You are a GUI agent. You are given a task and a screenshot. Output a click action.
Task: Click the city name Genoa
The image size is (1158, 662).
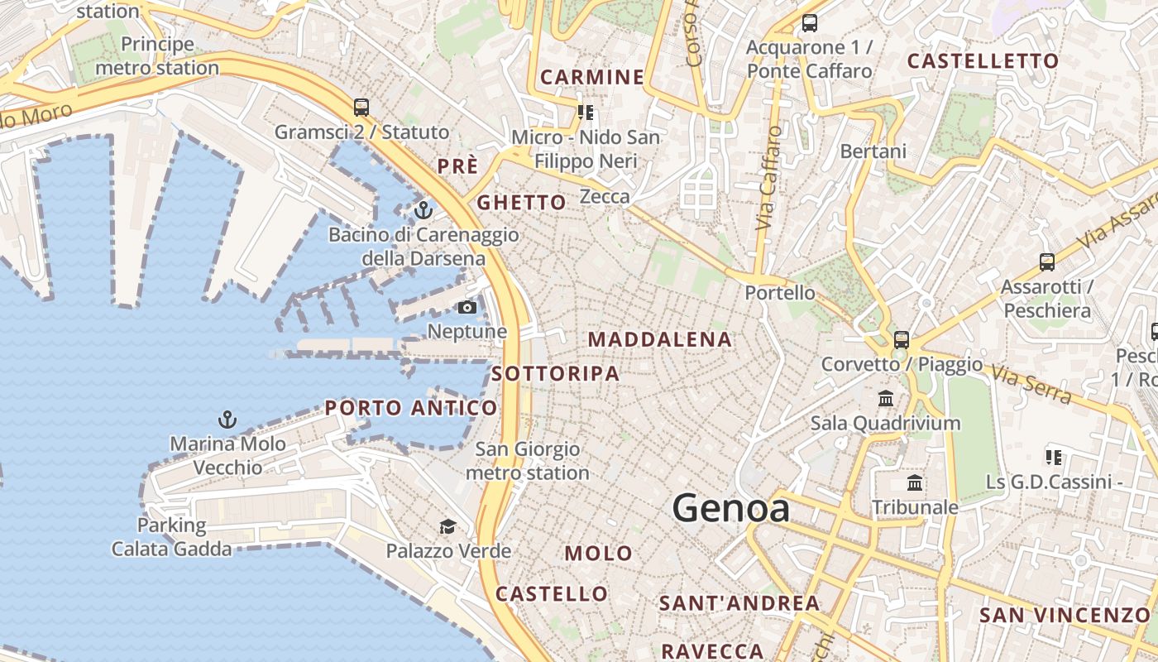pyautogui.click(x=730, y=507)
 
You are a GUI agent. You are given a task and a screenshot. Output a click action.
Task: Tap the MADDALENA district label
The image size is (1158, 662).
pyautogui.click(x=660, y=339)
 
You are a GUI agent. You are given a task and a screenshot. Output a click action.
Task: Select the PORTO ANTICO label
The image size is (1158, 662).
pyautogui.click(x=411, y=408)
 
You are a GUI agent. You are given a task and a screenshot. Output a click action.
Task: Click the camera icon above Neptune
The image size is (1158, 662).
pyautogui.click(x=467, y=308)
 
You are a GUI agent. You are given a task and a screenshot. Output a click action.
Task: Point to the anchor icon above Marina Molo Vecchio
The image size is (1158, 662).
pyautogui.click(x=227, y=420)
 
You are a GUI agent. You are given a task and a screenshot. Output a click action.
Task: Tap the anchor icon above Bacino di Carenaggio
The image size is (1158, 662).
pyautogui.click(x=423, y=210)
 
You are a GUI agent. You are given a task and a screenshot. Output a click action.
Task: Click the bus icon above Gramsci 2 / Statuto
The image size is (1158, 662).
pyautogui.click(x=361, y=107)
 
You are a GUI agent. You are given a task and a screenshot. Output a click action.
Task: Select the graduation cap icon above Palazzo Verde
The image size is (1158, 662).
pyautogui.click(x=447, y=526)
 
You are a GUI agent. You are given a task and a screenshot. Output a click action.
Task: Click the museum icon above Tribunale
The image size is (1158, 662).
pyautogui.click(x=915, y=482)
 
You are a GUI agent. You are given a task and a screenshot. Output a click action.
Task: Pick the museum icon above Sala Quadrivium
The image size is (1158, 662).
pyautogui.click(x=886, y=398)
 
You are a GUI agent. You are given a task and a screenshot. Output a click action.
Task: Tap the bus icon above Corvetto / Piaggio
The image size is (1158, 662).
pyautogui.click(x=902, y=339)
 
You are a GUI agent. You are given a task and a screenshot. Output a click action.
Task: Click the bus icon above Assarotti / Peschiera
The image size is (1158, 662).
pyautogui.click(x=1047, y=262)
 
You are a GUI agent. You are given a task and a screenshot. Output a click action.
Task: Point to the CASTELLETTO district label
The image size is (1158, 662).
pyautogui.click(x=983, y=61)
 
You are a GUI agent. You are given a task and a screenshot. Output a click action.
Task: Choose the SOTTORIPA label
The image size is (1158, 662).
pyautogui.click(x=555, y=374)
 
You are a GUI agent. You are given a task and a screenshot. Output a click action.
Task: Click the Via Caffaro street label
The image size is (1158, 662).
pyautogui.click(x=768, y=178)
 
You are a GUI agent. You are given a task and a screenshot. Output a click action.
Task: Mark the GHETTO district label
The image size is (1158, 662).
pyautogui.click(x=521, y=203)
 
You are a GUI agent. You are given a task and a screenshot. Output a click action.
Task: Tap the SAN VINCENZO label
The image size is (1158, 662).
pyautogui.click(x=1065, y=616)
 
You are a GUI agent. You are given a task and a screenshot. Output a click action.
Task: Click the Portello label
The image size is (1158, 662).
pyautogui.click(x=780, y=293)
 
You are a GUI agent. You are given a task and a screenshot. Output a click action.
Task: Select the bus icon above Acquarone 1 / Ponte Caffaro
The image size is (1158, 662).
pyautogui.click(x=810, y=23)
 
